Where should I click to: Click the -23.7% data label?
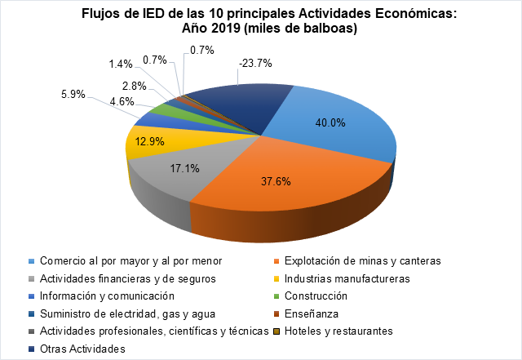click(x=255, y=63)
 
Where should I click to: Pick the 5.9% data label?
click(x=73, y=94)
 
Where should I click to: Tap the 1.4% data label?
click(x=121, y=62)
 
